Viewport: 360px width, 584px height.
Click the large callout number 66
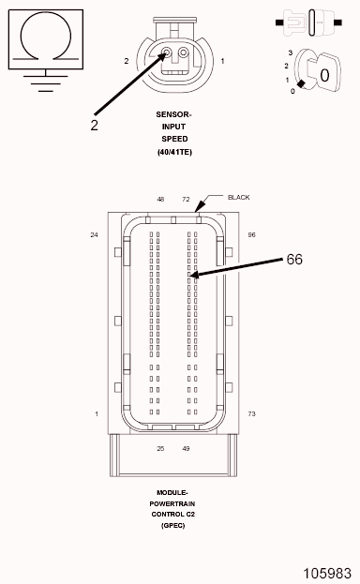pyautogui.click(x=294, y=260)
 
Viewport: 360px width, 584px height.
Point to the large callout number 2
pyautogui.click(x=95, y=126)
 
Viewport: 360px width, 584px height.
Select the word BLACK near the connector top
pyautogui.click(x=238, y=198)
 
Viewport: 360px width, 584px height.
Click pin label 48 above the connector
pyautogui.click(x=160, y=200)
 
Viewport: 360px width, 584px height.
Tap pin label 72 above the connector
pyautogui.click(x=186, y=200)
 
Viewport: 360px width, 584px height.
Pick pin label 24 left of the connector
pyautogui.click(x=95, y=234)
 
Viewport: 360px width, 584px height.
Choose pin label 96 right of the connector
pyautogui.click(x=252, y=234)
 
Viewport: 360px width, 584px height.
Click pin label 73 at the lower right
pyautogui.click(x=252, y=413)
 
